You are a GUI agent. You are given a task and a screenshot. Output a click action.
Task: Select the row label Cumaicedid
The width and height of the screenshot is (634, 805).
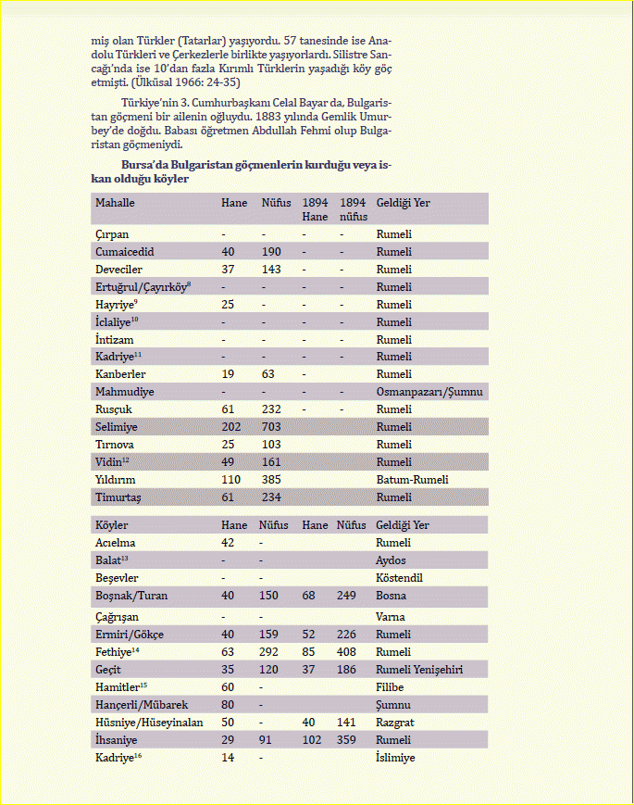(124, 252)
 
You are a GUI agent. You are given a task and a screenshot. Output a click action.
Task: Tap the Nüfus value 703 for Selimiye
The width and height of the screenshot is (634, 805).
(273, 427)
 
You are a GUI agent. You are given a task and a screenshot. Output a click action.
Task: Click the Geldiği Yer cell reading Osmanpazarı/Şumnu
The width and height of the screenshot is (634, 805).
(429, 392)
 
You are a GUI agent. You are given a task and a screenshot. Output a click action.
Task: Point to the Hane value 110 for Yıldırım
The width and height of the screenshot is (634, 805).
(230, 480)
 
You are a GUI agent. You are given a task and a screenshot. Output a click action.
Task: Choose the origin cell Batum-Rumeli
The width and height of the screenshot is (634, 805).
(412, 480)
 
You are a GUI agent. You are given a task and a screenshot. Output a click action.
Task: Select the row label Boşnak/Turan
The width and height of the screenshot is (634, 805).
(131, 596)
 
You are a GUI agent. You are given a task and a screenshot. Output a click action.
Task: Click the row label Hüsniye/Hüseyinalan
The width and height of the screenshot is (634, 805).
(149, 723)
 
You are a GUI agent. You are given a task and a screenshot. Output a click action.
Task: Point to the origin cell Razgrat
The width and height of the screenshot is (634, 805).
(397, 723)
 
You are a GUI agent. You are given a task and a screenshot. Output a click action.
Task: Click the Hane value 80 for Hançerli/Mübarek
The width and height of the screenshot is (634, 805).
(228, 705)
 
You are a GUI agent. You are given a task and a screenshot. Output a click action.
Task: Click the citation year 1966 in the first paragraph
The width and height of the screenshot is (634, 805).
(181, 82)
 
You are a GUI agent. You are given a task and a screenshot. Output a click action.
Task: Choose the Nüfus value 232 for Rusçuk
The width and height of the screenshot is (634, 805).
(273, 409)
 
